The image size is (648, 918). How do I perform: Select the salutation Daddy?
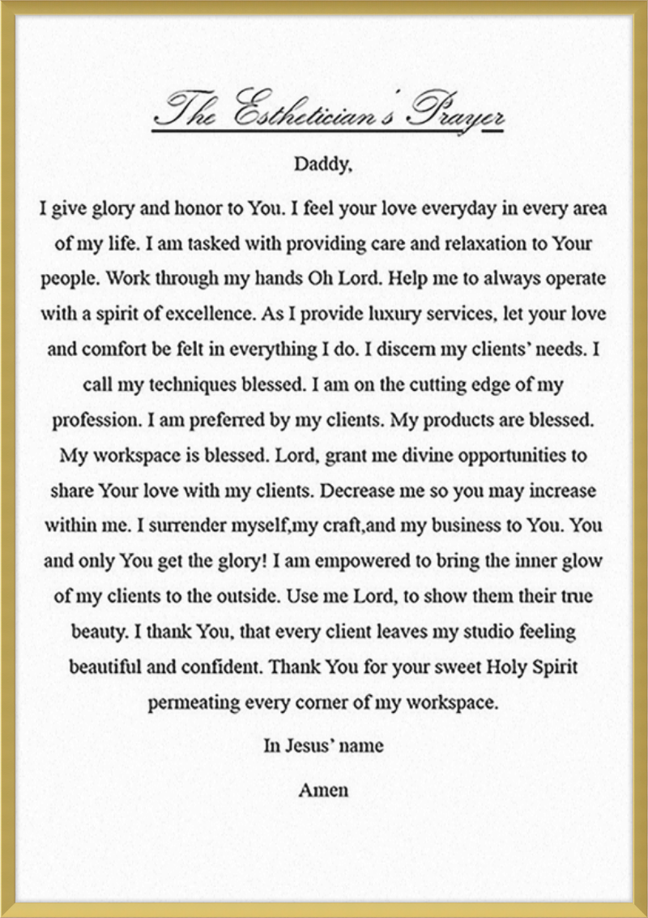tap(322, 165)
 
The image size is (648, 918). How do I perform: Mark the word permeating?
tap(194, 702)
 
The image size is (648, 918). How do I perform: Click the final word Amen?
tap(323, 789)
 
